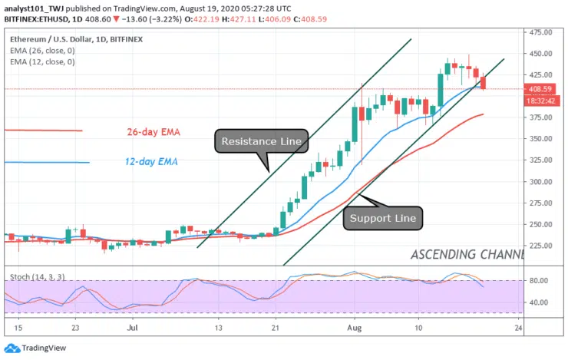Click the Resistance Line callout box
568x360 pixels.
[x=261, y=141]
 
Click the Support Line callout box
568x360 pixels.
[x=382, y=218]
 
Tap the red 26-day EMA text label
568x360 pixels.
[x=153, y=132]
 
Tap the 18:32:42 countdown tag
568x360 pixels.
[x=541, y=101]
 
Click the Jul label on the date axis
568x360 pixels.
[x=133, y=326]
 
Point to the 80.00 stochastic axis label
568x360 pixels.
[x=539, y=281]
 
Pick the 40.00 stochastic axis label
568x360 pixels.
[x=539, y=302]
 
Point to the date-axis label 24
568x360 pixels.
[x=520, y=326]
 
